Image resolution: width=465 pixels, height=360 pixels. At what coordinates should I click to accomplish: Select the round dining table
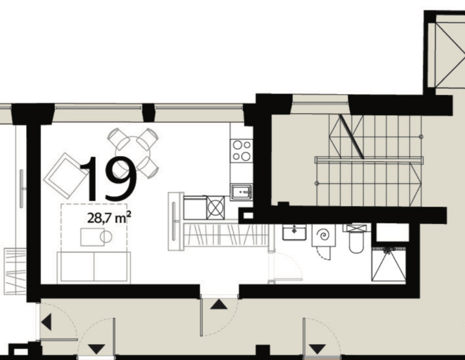pyautogui.click(x=133, y=154)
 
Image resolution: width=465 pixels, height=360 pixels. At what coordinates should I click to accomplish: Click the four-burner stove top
pyautogui.click(x=242, y=151)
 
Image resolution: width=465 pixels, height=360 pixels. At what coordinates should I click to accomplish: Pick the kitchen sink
pyautogui.click(x=241, y=191)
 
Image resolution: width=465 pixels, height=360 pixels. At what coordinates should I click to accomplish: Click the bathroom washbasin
pyautogui.click(x=294, y=232)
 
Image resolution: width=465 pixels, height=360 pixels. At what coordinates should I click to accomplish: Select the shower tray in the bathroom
pyautogui.click(x=389, y=264)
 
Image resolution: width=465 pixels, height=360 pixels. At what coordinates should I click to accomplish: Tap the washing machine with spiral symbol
pyautogui.click(x=323, y=235)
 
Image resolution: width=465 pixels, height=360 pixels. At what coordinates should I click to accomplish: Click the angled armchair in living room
pyautogui.click(x=66, y=175)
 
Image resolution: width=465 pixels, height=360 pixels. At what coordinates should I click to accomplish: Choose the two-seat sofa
pyautogui.click(x=93, y=267)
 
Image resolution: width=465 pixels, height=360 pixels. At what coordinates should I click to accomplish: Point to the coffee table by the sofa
pyautogui.click(x=93, y=237)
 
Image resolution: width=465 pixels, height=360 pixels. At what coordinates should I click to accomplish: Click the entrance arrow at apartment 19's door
pyautogui.click(x=219, y=305)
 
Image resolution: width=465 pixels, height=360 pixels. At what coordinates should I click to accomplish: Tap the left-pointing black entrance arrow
pyautogui.click(x=46, y=322)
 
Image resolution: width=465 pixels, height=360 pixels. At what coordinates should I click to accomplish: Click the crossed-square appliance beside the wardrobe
pyautogui.click(x=215, y=207)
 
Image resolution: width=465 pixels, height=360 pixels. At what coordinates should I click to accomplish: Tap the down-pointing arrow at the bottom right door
pyautogui.click(x=318, y=349)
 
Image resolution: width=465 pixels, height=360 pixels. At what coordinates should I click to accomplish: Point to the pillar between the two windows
pyautogui.click(x=149, y=113)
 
